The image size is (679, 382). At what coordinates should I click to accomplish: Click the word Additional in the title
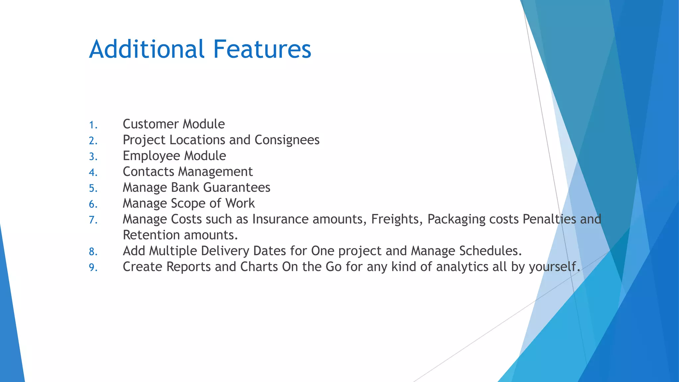coord(147,49)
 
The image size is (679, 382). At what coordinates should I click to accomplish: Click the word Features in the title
coord(262,49)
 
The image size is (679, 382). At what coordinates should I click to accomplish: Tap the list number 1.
coord(93,125)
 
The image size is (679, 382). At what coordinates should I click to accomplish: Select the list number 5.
coord(93,188)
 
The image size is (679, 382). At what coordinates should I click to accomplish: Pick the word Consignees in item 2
coord(287,140)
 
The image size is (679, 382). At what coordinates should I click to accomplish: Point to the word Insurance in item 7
coord(280,219)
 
